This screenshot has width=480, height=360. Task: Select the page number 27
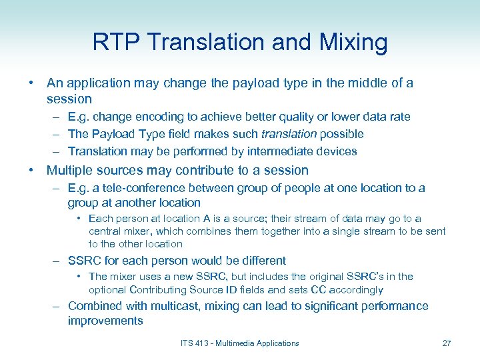coord(447,343)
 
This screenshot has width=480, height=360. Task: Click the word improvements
coord(105,321)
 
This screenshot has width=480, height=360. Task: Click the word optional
coord(107,290)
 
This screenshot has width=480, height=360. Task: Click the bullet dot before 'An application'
coord(31,83)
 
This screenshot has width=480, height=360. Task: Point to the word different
coord(261,261)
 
